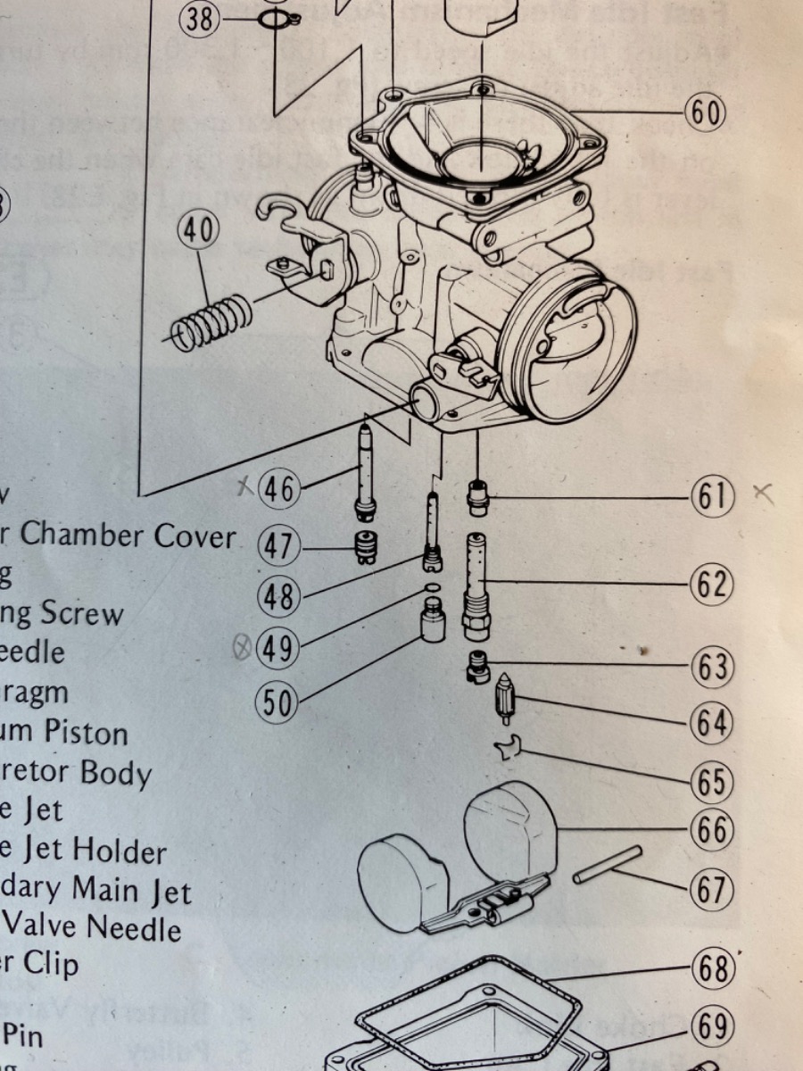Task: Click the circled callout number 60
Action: tap(705, 112)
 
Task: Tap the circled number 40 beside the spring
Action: tap(197, 230)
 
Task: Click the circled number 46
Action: tap(277, 488)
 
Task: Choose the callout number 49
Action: tap(277, 649)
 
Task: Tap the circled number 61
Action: tap(711, 497)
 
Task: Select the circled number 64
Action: tap(711, 724)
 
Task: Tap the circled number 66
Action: tap(711, 831)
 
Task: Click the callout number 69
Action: tap(711, 1027)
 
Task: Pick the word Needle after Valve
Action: tap(134, 929)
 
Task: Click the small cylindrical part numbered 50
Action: tap(434, 620)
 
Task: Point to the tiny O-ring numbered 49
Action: tap(432, 587)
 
